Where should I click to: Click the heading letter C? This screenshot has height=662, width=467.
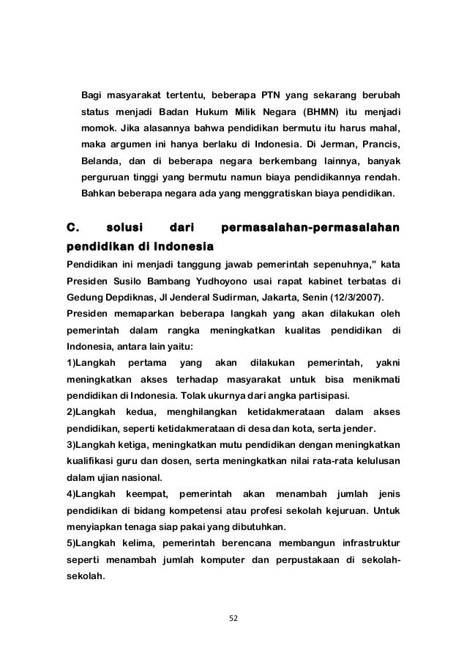point(72,227)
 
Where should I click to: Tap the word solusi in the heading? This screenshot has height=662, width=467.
point(126,227)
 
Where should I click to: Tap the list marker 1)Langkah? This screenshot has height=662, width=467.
point(91,362)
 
